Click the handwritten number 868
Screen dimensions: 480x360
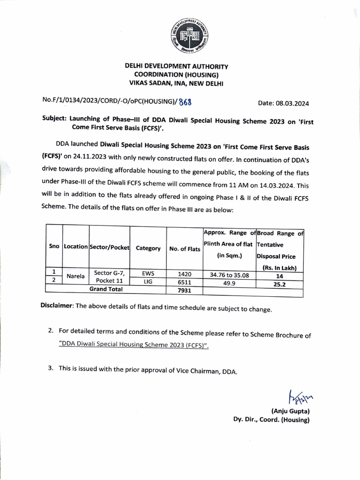(x=184, y=102)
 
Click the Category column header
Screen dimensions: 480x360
(x=148, y=248)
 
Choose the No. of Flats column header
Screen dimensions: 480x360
(x=184, y=249)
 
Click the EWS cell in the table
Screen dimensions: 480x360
(x=148, y=272)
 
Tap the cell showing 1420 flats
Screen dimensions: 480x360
(x=184, y=272)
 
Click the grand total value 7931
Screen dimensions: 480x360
(x=184, y=290)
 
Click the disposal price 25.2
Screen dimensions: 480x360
(x=280, y=284)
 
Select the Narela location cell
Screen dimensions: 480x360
(x=75, y=277)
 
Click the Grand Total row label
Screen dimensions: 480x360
(x=106, y=289)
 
